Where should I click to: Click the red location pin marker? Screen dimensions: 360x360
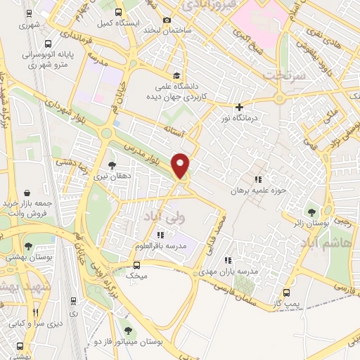(181, 165)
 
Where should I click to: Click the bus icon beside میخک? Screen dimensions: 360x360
(136, 265)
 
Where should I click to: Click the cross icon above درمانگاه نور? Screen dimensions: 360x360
(239, 108)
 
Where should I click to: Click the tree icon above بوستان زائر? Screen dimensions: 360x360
(311, 212)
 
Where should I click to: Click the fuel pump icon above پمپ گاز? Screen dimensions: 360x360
(286, 292)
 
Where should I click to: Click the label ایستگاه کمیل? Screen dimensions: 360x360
(115, 23)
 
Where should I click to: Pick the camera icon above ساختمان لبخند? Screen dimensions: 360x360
(167, 20)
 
